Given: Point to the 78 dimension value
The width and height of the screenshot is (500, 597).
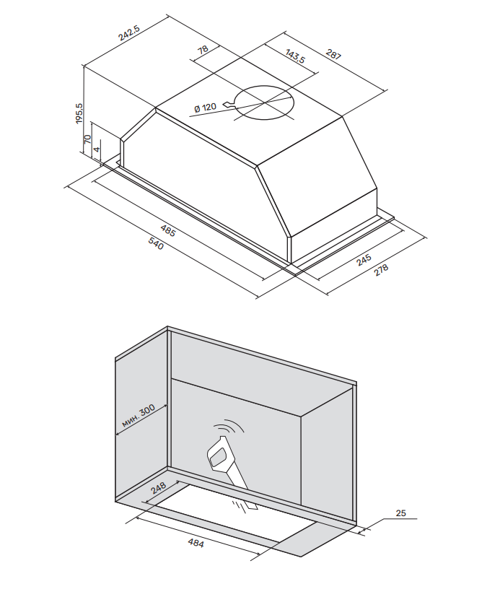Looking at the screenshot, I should [x=203, y=50].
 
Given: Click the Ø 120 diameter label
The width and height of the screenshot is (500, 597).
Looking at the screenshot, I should [x=205, y=108].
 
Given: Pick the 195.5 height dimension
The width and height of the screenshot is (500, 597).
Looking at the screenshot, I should [x=80, y=114].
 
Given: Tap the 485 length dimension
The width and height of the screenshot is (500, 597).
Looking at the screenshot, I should [x=168, y=232].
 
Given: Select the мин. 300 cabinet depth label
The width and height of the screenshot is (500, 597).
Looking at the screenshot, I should [x=138, y=418].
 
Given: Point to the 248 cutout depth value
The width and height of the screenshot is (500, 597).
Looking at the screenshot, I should [x=159, y=490].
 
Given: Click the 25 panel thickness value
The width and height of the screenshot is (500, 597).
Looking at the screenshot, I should [x=402, y=513].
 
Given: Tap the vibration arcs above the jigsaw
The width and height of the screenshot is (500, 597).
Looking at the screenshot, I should [x=232, y=428].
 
